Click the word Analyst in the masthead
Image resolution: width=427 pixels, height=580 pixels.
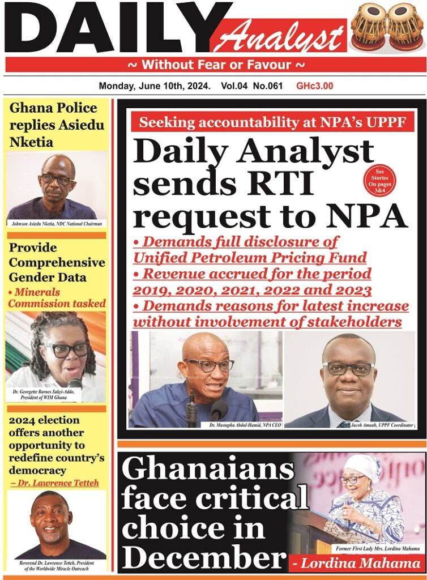[279, 37]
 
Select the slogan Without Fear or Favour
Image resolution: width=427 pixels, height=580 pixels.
[217, 65]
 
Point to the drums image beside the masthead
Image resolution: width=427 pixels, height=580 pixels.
[387, 27]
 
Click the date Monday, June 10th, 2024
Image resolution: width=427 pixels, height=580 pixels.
[155, 86]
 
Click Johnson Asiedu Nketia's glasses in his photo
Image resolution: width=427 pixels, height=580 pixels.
[57, 178]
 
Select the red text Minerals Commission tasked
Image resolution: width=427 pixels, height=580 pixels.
[57, 298]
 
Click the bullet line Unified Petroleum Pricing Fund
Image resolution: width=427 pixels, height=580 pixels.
[250, 258]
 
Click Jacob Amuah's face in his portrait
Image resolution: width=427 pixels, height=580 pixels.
[349, 374]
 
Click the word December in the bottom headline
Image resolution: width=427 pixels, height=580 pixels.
[203, 558]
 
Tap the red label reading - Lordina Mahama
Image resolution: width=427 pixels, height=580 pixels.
[357, 563]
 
